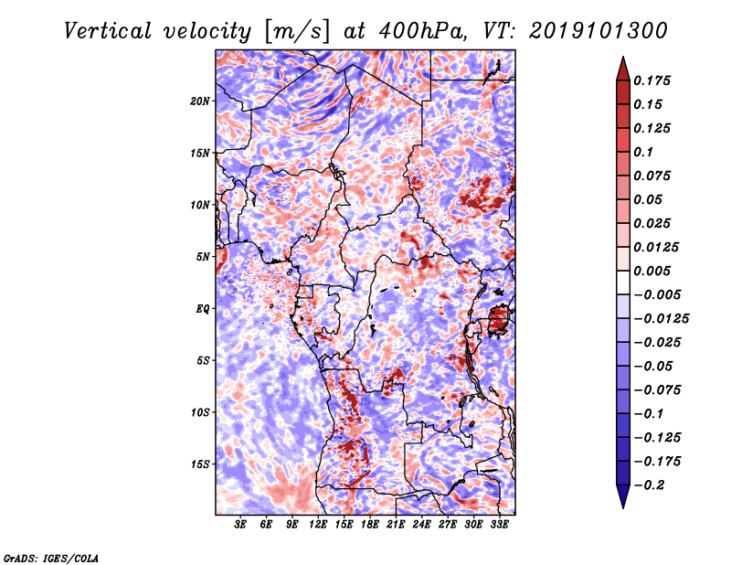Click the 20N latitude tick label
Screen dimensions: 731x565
click(200, 101)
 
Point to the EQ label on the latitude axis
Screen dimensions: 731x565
click(203, 309)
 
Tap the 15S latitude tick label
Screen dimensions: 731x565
click(200, 464)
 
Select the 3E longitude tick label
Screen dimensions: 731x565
click(240, 525)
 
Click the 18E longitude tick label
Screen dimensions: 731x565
click(370, 525)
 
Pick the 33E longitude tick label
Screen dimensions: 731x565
click(499, 525)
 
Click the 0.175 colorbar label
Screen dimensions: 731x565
click(652, 80)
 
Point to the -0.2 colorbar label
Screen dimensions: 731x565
click(649, 485)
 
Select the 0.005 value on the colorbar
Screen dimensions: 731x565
click(652, 271)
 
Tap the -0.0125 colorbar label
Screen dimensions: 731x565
click(661, 319)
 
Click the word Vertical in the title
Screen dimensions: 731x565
click(108, 31)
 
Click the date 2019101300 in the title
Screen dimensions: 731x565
click(599, 31)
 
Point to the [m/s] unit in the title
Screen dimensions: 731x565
click(297, 32)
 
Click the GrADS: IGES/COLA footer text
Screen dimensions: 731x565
click(51, 558)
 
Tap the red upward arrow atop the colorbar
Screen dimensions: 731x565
click(623, 69)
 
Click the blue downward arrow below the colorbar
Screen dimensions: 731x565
click(623, 496)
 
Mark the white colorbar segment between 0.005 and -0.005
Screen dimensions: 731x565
click(623, 282)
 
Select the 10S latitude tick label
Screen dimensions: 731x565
click(200, 412)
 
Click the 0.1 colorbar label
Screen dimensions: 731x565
click(643, 152)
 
